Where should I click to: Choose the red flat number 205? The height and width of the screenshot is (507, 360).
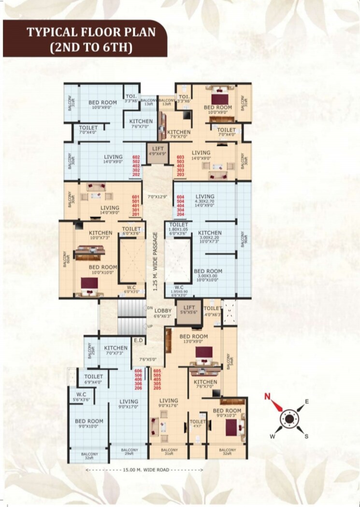(157, 388)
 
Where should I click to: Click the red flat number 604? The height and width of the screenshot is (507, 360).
(181, 197)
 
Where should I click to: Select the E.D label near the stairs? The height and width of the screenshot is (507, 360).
(138, 341)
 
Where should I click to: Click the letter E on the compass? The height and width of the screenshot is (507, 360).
(306, 401)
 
